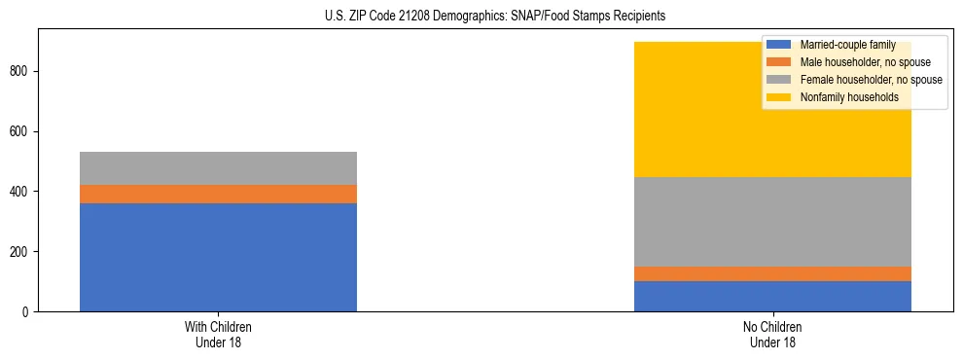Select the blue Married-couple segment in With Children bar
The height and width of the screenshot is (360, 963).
(218, 257)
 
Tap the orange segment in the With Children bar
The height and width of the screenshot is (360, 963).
(218, 194)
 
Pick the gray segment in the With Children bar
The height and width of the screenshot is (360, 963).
(218, 168)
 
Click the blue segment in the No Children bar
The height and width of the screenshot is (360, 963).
(772, 296)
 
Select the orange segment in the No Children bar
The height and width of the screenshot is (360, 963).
(772, 273)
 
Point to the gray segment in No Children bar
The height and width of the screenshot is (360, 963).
(772, 222)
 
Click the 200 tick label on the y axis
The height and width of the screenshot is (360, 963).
(21, 251)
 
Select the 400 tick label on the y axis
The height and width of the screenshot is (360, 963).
(21, 192)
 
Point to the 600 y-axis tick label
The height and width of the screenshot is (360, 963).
(21, 131)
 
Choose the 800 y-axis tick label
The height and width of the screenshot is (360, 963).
(21, 71)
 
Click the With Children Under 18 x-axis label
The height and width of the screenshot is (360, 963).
(218, 335)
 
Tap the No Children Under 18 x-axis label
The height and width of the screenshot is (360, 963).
(772, 335)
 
